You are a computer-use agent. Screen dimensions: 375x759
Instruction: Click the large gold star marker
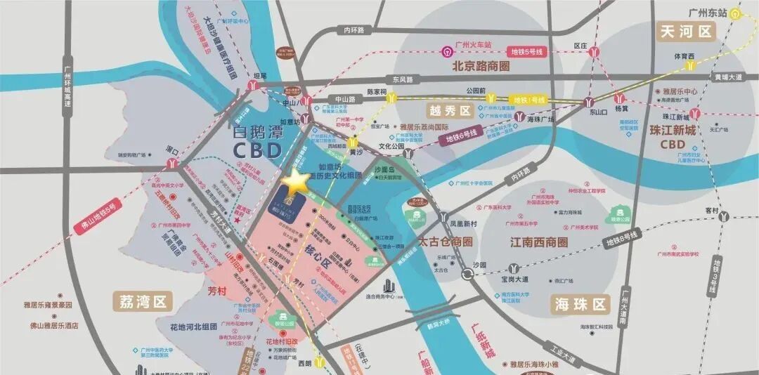point(296,183)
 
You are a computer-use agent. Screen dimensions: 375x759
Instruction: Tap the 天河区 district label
point(685,32)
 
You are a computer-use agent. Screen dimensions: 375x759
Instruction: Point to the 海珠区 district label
point(579,304)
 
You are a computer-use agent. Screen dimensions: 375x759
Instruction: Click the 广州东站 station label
point(708,12)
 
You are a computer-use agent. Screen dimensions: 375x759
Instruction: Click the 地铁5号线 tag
point(528,51)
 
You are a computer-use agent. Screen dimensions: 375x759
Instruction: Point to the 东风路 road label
point(405,79)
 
